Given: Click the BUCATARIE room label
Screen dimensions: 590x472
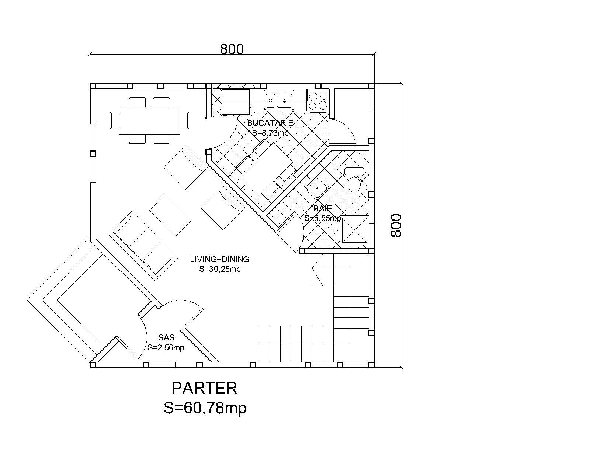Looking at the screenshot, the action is click(x=270, y=123).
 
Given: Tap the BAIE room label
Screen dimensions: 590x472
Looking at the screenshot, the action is click(x=323, y=208).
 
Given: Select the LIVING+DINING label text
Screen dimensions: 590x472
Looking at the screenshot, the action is click(x=220, y=259).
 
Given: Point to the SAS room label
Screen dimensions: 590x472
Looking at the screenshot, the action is click(x=166, y=337).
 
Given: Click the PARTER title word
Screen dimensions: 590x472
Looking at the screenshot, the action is click(x=204, y=388).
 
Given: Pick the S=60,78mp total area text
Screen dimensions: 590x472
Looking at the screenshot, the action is click(x=205, y=408).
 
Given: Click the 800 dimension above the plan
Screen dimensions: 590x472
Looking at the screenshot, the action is click(x=232, y=49).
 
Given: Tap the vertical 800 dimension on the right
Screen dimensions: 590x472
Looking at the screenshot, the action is click(x=396, y=225).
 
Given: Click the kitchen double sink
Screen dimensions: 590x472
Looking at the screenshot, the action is click(x=279, y=100).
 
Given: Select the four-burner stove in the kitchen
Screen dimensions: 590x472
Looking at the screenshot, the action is click(x=318, y=100).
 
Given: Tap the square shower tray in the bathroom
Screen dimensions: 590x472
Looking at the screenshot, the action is click(x=354, y=230).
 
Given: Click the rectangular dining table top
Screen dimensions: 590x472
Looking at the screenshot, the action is click(x=149, y=121).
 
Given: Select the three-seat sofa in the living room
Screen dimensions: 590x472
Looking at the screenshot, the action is click(x=143, y=246).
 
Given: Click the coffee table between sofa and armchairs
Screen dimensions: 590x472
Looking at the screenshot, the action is click(x=170, y=215).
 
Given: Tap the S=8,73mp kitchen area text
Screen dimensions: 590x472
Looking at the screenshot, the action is click(x=270, y=133).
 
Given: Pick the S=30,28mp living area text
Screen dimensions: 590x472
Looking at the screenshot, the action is click(x=220, y=269).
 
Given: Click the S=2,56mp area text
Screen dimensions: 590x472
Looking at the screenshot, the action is click(x=166, y=347).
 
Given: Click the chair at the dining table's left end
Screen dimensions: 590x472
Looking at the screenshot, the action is click(x=114, y=121).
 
